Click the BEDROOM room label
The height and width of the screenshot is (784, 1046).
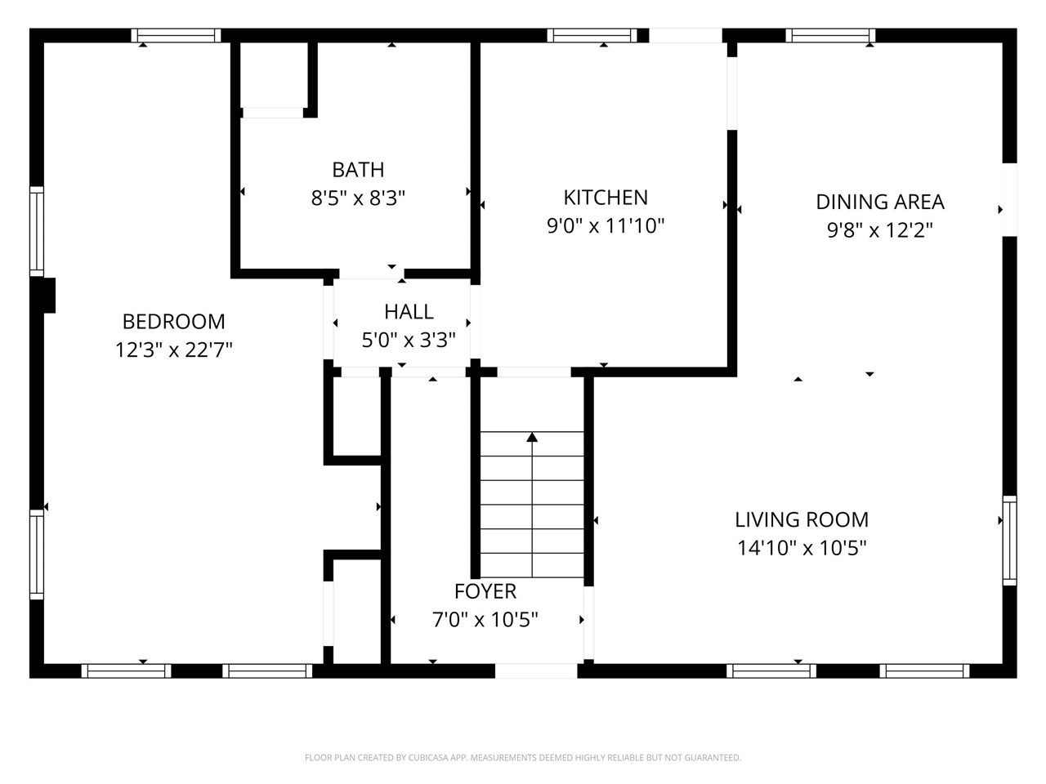point(173,322)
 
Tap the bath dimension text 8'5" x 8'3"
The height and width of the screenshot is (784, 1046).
point(358,198)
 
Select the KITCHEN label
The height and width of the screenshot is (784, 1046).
point(606,198)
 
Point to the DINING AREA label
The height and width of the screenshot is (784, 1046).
point(880,202)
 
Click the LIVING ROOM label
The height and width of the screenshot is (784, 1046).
point(801,519)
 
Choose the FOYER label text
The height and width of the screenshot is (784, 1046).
point(485,591)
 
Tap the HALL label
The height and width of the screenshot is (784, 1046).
point(409,312)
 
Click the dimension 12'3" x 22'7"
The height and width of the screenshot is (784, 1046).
point(173,350)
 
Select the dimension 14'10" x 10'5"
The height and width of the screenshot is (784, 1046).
point(801,548)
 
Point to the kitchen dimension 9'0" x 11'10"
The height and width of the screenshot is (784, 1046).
point(606,226)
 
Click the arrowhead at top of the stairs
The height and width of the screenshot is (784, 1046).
point(532,438)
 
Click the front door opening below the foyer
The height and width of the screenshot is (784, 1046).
point(536,670)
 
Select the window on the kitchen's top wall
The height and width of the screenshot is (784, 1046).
point(592,35)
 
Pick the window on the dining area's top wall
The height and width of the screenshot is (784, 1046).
point(830,35)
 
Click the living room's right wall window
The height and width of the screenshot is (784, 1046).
point(1009,540)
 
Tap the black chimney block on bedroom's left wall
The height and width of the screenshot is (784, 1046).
point(47,296)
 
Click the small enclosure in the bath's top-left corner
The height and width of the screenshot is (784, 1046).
point(273,75)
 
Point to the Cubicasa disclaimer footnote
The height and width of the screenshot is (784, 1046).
point(523,758)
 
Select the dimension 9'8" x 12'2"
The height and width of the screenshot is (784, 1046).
point(880,230)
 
